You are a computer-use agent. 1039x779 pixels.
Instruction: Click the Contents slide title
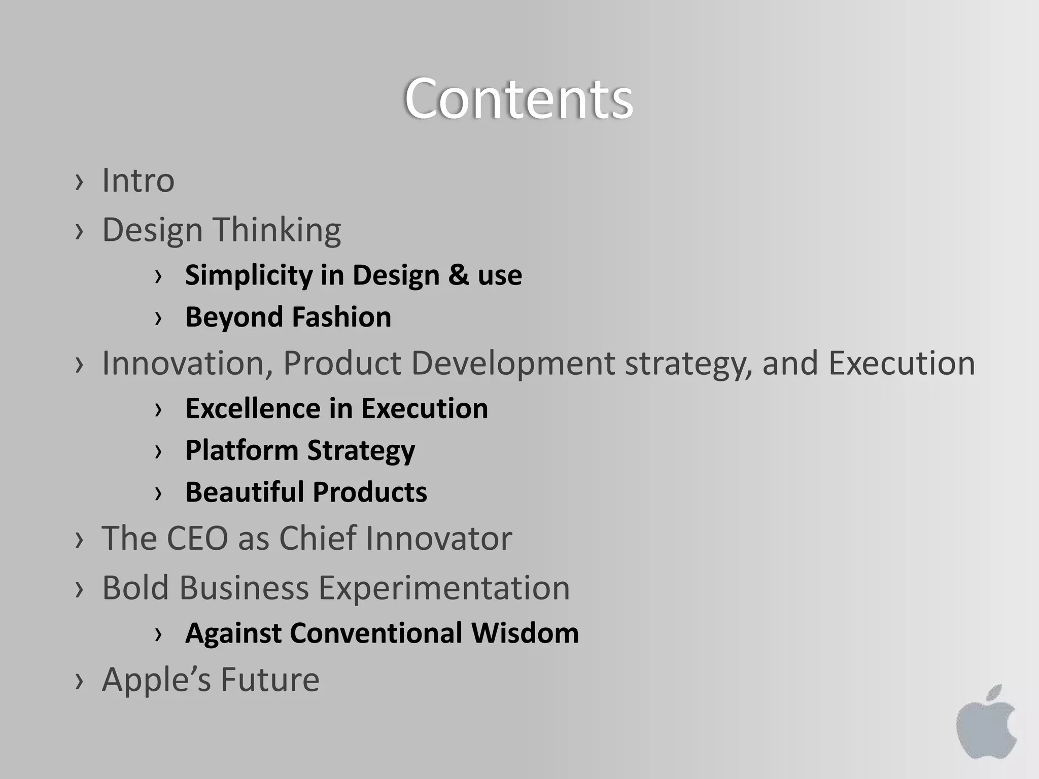coord(518,99)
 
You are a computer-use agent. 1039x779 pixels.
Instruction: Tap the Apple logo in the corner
coord(986,722)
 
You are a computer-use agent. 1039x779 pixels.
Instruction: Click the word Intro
coord(138,180)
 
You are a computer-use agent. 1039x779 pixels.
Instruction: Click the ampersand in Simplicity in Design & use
coord(458,275)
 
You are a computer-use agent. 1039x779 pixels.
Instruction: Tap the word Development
coord(513,364)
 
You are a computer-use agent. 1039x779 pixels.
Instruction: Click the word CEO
coord(197,538)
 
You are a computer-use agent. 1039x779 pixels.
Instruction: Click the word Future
coord(270,680)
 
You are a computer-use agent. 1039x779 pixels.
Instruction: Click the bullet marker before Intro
coord(79,182)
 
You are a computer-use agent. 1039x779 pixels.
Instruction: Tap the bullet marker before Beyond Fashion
coord(158,318)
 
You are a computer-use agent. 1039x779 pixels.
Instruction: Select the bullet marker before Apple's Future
coord(79,681)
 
